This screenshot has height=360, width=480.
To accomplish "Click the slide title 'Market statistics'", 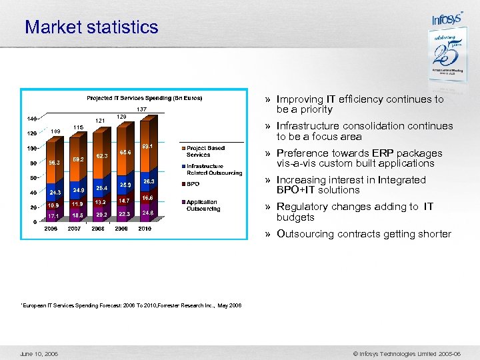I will pyautogui.click(x=91, y=27).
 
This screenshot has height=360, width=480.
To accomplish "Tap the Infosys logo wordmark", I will pyautogui.click(x=447, y=18).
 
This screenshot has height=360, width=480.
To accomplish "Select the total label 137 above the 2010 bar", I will pyautogui.click(x=141, y=109).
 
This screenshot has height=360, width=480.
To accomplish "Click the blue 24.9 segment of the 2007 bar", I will pyautogui.click(x=78, y=190).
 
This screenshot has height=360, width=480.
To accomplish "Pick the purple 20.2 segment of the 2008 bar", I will pyautogui.click(x=101, y=215).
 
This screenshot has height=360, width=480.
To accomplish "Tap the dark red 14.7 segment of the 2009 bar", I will pyautogui.click(x=124, y=200).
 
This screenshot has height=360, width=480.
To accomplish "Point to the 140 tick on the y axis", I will pyautogui.click(x=31, y=119).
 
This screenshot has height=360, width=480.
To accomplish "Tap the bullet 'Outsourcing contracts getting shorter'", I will pyautogui.click(x=363, y=234).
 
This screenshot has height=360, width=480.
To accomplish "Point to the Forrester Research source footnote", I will pyautogui.click(x=131, y=305).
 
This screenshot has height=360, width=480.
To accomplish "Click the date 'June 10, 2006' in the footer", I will pyautogui.click(x=39, y=353).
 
